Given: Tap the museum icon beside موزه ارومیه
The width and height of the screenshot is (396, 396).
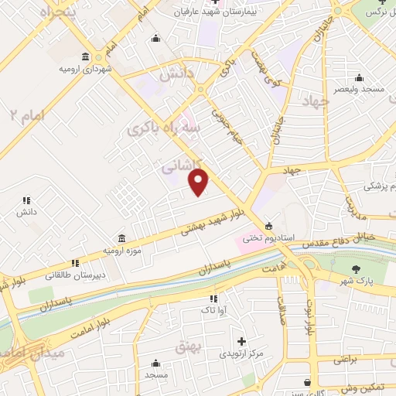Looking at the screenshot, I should pos(121,239).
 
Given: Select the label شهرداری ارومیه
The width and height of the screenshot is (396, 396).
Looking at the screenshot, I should pos(81,70).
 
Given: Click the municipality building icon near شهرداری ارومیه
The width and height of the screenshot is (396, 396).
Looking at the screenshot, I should pos(84,57).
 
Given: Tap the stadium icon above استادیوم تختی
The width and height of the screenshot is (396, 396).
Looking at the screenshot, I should pos(268,226).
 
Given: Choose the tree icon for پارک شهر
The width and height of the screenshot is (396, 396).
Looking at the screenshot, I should pos(356,268).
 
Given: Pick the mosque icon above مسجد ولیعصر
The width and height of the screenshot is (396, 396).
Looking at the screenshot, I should pos(359,77).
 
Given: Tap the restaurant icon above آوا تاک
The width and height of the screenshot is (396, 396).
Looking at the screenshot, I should pos(213,298).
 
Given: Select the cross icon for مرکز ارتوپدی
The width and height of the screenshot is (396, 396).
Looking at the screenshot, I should pos(242,341).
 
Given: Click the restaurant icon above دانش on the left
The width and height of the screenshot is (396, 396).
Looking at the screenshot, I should pos(26,200).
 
